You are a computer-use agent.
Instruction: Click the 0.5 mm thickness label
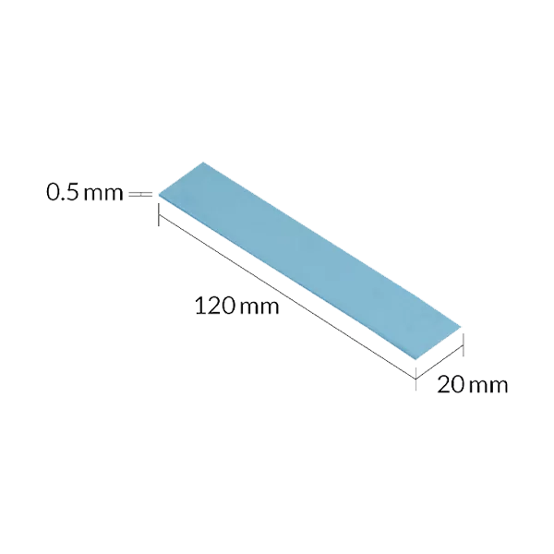[x=85, y=193]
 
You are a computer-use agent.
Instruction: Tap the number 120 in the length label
[x=214, y=306]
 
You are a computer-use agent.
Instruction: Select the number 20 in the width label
[x=451, y=384]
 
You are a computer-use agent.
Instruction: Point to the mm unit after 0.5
[x=103, y=195]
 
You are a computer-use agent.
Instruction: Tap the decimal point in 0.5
[x=62, y=199]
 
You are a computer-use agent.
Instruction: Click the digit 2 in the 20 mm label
[x=443, y=384]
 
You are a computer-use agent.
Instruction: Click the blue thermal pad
[x=309, y=260]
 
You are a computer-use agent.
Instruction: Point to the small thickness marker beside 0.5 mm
[x=140, y=194]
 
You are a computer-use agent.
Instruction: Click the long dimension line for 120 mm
[x=287, y=296]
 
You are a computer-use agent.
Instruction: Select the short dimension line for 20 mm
[x=440, y=363]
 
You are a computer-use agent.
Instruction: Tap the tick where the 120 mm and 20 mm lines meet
[x=415, y=379]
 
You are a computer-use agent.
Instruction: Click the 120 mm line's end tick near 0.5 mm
[x=158, y=215]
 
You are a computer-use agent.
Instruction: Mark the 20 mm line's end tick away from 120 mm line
[x=463, y=345]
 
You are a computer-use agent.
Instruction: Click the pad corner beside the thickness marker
[x=159, y=195]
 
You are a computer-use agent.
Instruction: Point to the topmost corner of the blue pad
[x=203, y=163]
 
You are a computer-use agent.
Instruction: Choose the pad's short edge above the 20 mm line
[x=438, y=343]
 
